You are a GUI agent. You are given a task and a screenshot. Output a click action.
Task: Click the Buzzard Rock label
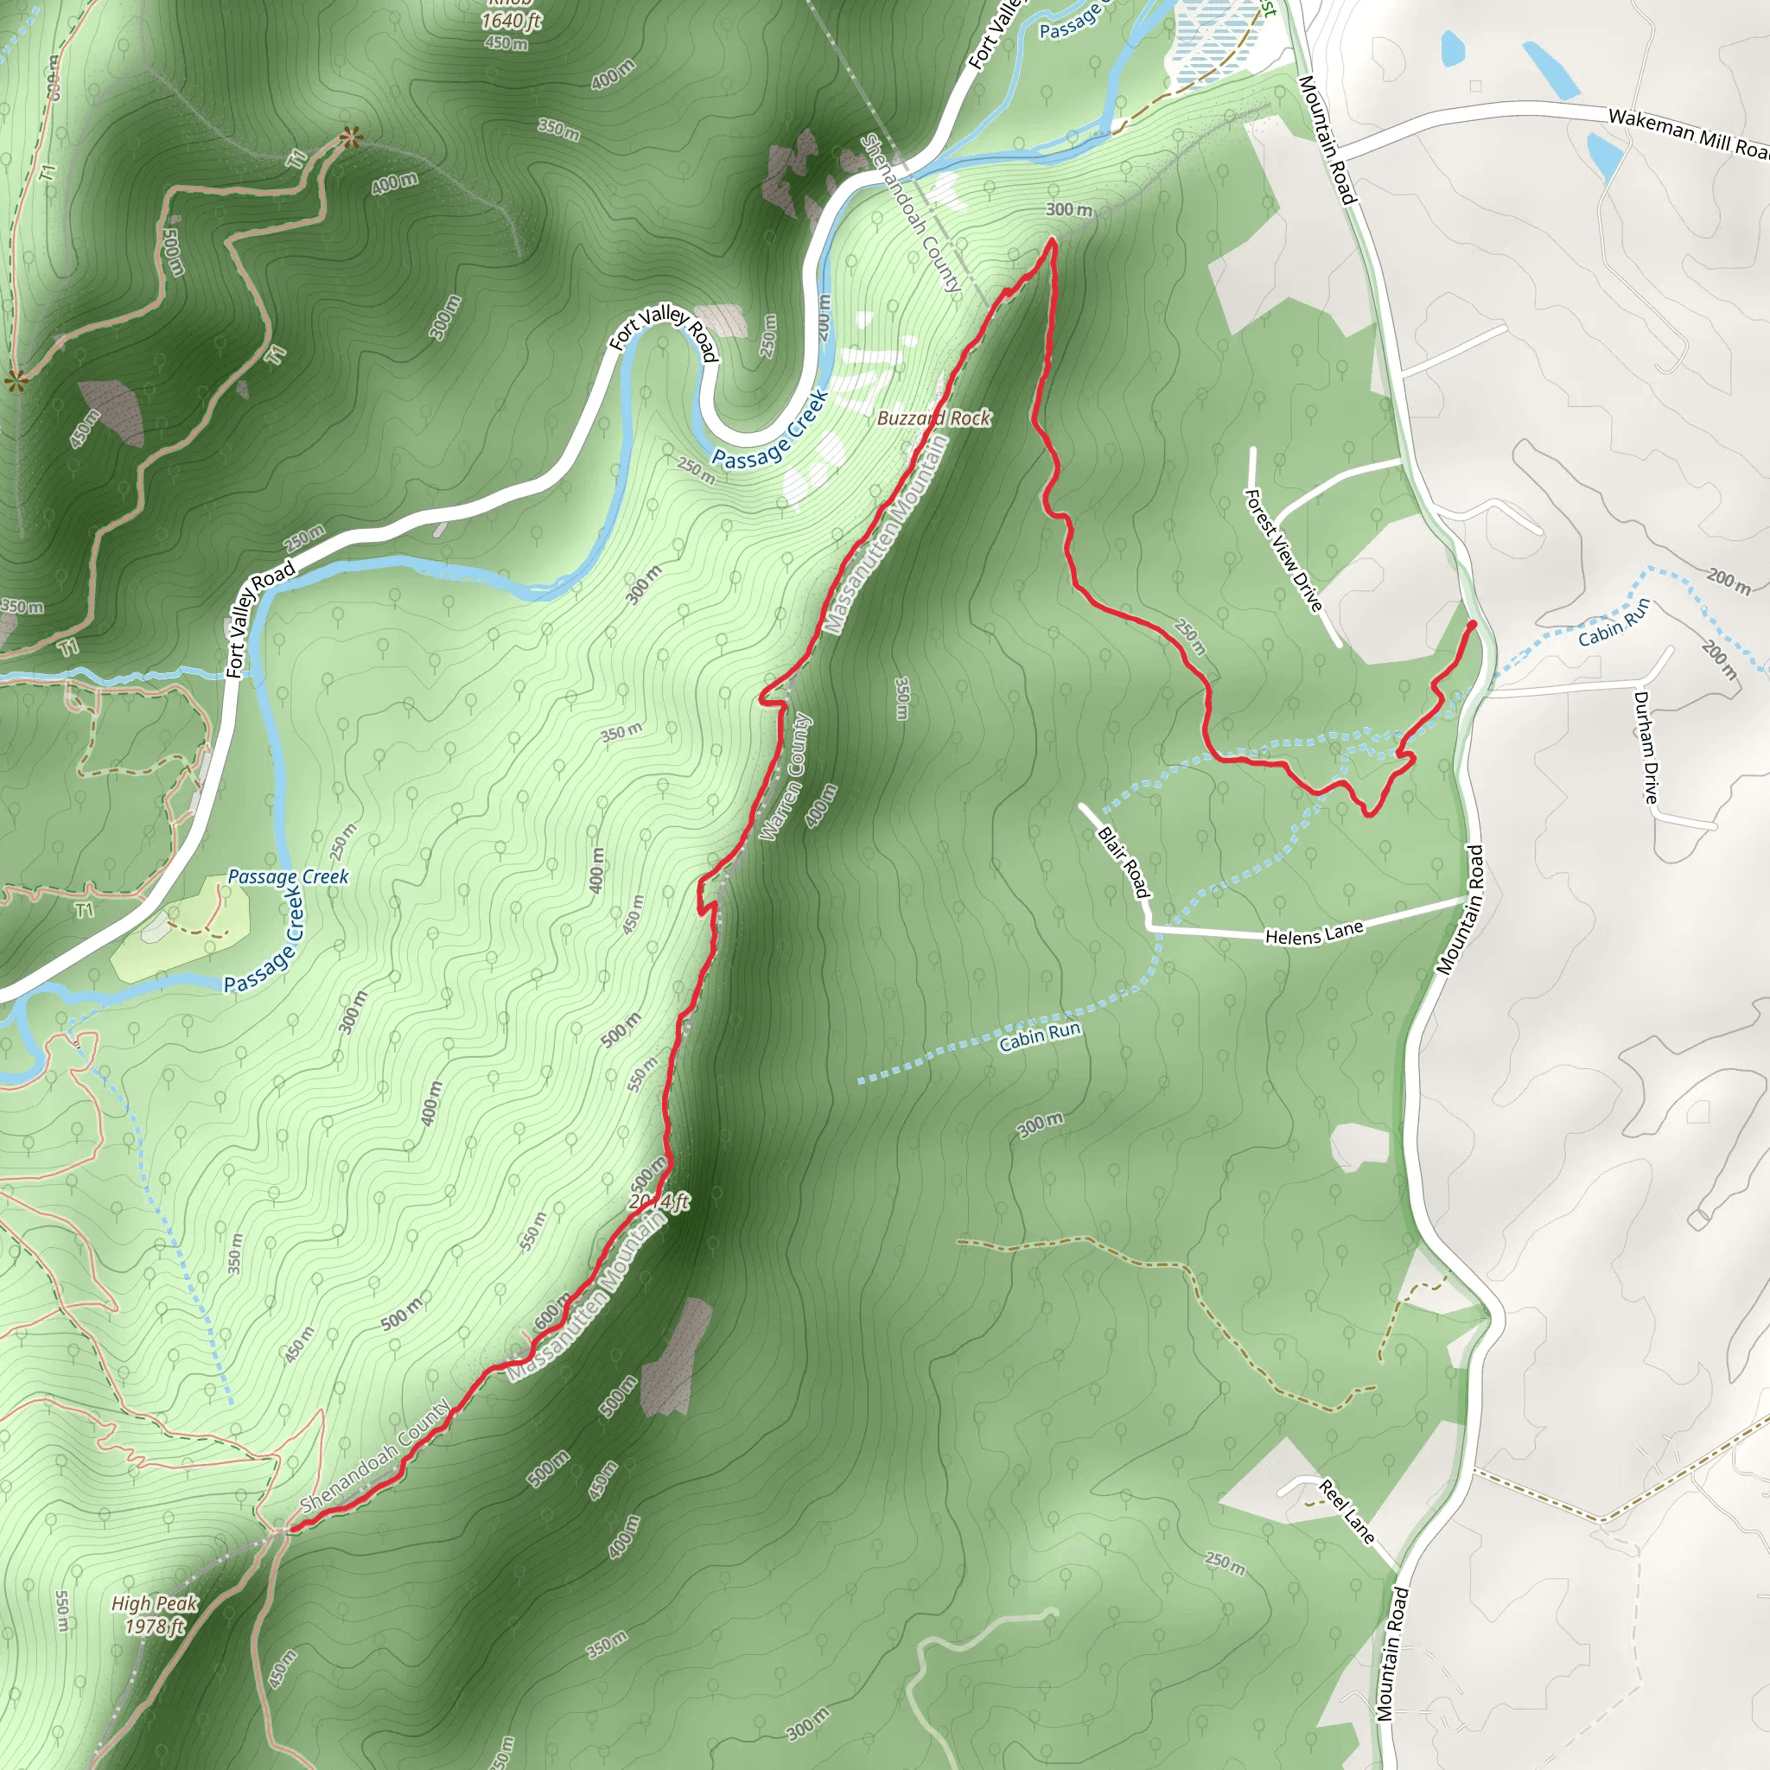[933, 417]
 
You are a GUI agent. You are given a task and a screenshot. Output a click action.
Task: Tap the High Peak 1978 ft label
[154, 1614]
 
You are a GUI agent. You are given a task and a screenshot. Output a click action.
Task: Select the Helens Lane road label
[1314, 933]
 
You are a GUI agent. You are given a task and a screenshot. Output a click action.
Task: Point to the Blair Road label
[1124, 862]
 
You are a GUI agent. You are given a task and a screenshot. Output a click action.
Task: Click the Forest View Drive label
[1283, 550]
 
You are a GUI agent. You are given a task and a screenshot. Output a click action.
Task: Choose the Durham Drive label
[1646, 748]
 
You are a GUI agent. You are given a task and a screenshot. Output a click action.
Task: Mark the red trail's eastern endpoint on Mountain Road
[1472, 625]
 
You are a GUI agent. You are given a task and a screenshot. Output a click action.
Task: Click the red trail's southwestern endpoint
[290, 1528]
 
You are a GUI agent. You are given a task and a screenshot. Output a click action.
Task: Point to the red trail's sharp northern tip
[1053, 242]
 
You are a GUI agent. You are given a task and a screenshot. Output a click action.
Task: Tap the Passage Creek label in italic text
[288, 876]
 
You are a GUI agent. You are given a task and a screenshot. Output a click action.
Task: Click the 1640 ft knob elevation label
[512, 20]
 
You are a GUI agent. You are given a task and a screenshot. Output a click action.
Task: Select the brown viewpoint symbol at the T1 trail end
[349, 138]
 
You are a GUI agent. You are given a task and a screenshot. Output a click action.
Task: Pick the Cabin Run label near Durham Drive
[1614, 622]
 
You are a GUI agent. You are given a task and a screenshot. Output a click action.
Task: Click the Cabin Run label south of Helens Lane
[1040, 1036]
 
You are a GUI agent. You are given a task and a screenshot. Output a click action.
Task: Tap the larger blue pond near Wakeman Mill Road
[1552, 70]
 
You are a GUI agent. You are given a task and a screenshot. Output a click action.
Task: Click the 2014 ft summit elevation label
[659, 1202]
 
